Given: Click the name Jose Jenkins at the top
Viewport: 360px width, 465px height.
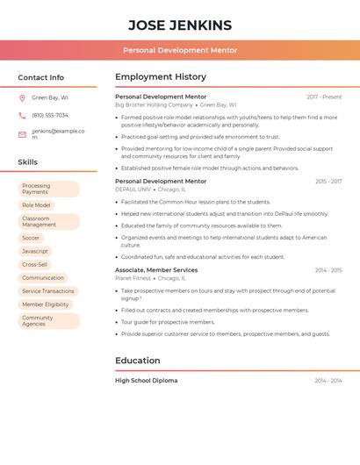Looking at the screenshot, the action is coord(179,25).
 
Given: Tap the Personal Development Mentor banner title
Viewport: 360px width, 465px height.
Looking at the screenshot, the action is coord(179,51).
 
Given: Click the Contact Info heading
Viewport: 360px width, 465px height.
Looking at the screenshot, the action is coord(41,77).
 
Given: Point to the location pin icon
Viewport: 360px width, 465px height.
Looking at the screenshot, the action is coord(22,98).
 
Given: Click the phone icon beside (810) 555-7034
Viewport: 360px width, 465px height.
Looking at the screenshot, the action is coord(22,115).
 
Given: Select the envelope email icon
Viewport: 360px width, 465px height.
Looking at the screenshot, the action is coord(22,134).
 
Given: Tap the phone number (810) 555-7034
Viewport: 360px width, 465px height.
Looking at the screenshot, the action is coord(50,115).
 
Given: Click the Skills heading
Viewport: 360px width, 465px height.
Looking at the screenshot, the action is coord(28,162).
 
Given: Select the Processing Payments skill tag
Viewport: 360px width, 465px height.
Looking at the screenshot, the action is coord(48,189).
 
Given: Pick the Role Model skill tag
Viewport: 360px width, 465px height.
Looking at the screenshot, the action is coord(36,205).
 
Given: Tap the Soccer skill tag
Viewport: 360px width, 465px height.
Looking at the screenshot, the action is coord(32,238).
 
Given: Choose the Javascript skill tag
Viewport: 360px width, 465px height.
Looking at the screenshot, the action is coord(35,251).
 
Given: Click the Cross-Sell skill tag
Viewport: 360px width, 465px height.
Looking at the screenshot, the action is coord(35,264).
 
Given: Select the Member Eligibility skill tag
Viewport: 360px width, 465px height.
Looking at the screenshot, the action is coord(46,304).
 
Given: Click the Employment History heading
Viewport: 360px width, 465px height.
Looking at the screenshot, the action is coord(161,77).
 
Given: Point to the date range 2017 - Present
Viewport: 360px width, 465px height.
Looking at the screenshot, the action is coord(324,97).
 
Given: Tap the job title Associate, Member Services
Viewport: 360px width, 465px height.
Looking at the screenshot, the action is coord(156,270).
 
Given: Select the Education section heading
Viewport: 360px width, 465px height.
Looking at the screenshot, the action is coord(138,361).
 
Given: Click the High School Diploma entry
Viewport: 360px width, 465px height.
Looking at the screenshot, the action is coord(146,381).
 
